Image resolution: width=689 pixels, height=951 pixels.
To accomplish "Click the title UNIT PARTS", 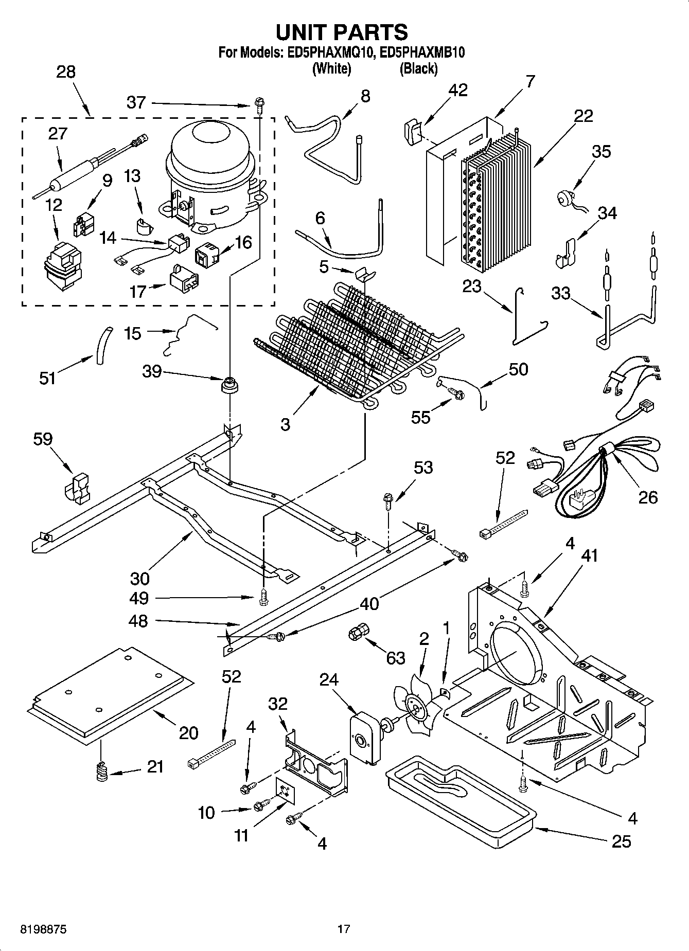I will pyautogui.click(x=342, y=32).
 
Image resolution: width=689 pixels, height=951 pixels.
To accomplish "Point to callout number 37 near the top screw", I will pyautogui.click(x=136, y=102).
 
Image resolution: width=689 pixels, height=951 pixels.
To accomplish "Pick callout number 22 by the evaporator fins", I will pyautogui.click(x=584, y=116).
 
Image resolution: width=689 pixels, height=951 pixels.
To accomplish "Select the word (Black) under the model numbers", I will pyautogui.click(x=418, y=68).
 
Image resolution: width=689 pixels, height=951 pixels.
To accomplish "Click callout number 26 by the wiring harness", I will pyautogui.click(x=647, y=497).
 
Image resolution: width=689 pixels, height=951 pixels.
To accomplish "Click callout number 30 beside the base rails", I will pyautogui.click(x=139, y=578).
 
